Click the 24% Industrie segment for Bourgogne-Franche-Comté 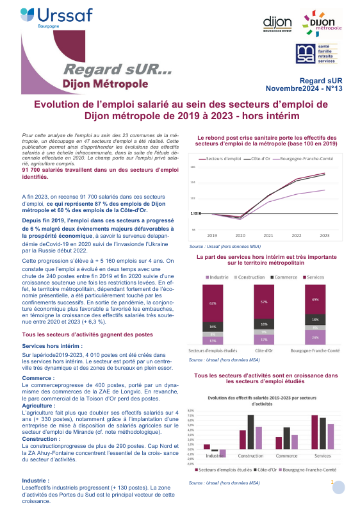tap(315, 337)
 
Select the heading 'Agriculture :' tap(36, 388)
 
